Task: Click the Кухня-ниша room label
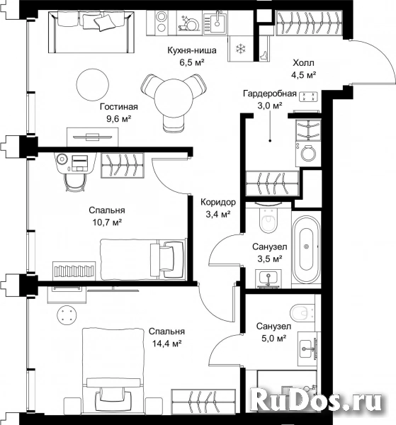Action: tap(192, 50)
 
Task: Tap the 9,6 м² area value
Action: tap(119, 119)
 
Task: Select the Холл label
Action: tap(303, 63)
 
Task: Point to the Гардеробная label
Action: tap(270, 93)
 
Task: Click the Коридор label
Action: tap(218, 202)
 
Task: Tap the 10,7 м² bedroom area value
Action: tap(107, 222)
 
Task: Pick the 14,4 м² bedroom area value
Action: tap(166, 344)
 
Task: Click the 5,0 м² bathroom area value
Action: tap(274, 339)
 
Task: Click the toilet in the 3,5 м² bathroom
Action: tap(268, 218)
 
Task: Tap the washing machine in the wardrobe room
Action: tap(308, 154)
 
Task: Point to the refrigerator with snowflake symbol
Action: tap(240, 49)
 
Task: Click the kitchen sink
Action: tap(215, 23)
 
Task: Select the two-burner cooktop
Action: tap(162, 23)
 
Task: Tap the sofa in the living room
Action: tap(91, 32)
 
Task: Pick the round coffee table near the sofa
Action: tap(93, 84)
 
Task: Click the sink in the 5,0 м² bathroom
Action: tap(307, 348)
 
